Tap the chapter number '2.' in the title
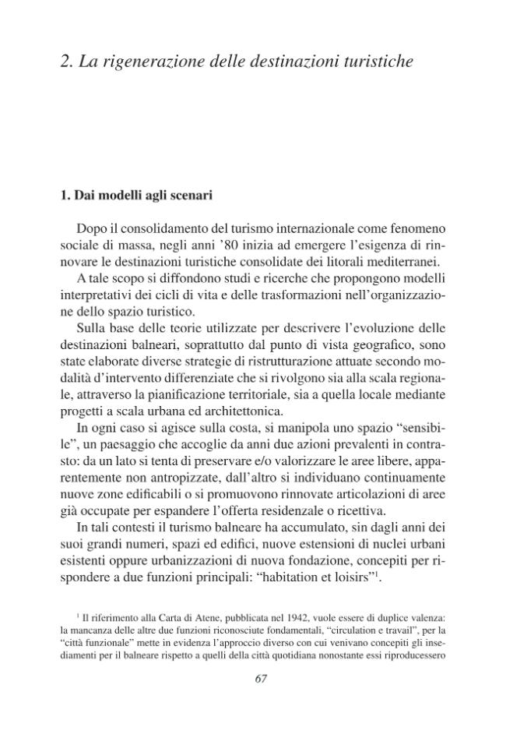tap(67, 62)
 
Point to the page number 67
tap(261, 677)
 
